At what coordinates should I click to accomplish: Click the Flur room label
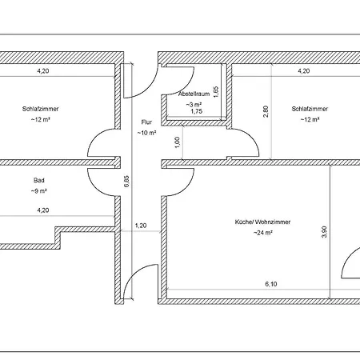[x=146, y=122]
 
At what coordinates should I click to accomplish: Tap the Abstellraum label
[x=194, y=94]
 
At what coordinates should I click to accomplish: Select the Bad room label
[x=39, y=180]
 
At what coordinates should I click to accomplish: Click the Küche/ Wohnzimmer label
[x=262, y=222]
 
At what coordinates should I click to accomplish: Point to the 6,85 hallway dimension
[x=126, y=181]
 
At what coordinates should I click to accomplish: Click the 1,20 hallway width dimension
[x=141, y=226]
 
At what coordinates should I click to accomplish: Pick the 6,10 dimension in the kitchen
[x=271, y=284]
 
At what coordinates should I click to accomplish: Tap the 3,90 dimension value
[x=324, y=232]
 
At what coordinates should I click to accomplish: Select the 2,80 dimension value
[x=266, y=112]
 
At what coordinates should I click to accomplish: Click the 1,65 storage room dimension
[x=216, y=91]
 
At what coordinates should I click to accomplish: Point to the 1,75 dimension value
[x=197, y=111]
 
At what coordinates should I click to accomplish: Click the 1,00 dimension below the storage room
[x=177, y=142]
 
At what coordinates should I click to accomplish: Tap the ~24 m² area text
[x=263, y=233]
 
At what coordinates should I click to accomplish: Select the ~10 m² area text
[x=146, y=133]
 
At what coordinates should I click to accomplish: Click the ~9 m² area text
[x=39, y=191]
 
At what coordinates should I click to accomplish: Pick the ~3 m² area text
[x=194, y=104]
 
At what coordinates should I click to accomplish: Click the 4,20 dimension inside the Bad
[x=43, y=210]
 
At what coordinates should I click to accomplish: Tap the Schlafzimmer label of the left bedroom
[x=40, y=109]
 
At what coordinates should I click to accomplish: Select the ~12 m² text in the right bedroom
[x=310, y=119]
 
